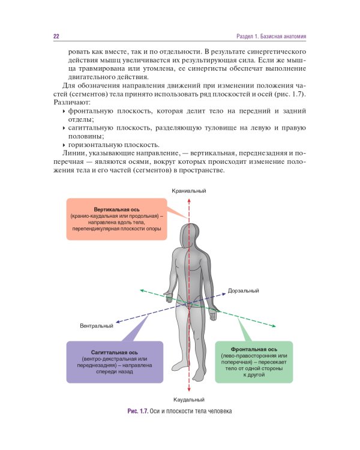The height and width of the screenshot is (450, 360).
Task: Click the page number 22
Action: (56, 37)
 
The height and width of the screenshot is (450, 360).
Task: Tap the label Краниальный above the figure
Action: (189, 191)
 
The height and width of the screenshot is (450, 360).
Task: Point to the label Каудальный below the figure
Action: (189, 399)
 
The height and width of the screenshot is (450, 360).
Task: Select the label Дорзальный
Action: (244, 290)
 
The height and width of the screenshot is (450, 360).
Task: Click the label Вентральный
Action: (97, 326)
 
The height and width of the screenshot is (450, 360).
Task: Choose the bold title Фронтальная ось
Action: (253, 349)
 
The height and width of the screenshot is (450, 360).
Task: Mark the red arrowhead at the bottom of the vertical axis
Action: (189, 390)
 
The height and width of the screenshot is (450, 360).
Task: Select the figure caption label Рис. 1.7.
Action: (137, 411)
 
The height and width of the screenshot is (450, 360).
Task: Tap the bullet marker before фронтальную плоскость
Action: (64, 112)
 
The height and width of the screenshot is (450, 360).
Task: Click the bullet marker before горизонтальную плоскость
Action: (64, 145)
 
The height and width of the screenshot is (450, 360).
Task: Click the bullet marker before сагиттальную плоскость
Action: (64, 128)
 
